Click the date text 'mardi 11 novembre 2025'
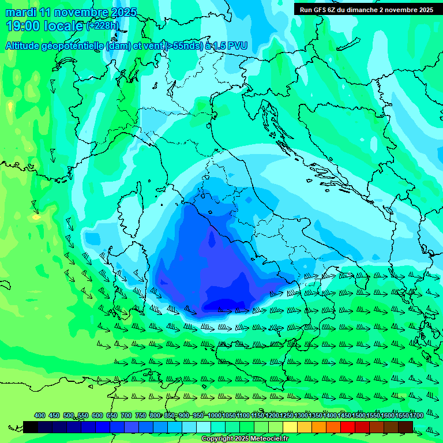tap(72, 12)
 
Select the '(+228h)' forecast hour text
tap(103, 26)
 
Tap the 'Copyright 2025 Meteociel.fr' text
tap(245, 439)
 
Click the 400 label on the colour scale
tap(40, 415)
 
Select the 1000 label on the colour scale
tap(214, 415)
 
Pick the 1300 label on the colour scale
tap(301, 415)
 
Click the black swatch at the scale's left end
tap(31, 427)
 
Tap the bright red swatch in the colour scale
tap(348, 427)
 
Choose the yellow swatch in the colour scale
tap(290, 427)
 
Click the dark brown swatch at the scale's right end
tap(406, 427)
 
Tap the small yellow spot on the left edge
tap(36, 217)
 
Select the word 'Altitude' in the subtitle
tap(26, 46)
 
